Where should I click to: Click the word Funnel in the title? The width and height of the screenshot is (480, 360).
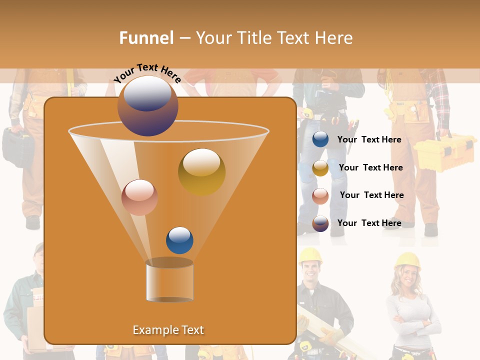(x=146, y=38)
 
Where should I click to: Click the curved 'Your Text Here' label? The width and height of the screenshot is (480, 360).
(x=147, y=73)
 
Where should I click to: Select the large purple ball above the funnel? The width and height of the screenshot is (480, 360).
(x=147, y=106)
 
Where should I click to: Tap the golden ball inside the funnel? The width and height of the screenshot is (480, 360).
(x=201, y=172)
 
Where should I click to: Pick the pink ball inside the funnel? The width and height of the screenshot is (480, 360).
(x=139, y=197)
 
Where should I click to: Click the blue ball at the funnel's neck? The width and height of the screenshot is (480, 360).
(x=179, y=240)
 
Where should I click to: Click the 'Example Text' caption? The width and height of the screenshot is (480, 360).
(x=168, y=330)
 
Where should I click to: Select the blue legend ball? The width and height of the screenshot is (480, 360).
(x=320, y=139)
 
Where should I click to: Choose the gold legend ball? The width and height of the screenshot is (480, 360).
(x=320, y=168)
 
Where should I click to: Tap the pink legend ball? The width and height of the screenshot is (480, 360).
(x=320, y=196)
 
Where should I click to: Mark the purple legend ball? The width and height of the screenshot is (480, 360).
(x=320, y=223)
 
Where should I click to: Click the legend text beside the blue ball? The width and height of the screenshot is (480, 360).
(x=369, y=139)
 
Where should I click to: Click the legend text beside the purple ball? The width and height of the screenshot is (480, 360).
(x=369, y=223)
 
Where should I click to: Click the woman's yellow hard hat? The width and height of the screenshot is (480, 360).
(x=407, y=260)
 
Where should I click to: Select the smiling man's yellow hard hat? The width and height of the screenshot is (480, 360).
(x=310, y=255)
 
